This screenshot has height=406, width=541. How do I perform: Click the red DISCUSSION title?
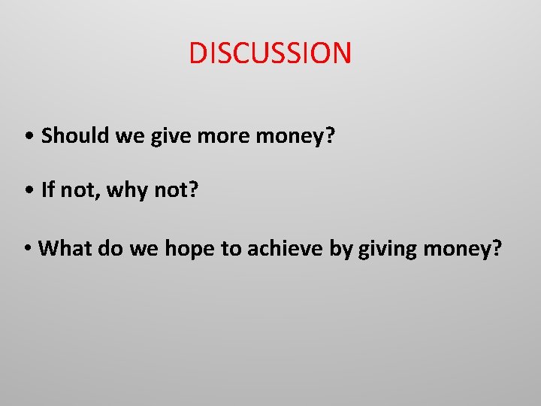270,53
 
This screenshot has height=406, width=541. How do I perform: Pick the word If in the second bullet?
49,190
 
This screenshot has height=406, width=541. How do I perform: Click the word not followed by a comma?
80,190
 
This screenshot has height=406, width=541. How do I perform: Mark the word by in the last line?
341,248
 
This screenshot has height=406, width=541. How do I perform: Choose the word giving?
385,248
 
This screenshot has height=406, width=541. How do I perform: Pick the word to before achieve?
229,247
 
